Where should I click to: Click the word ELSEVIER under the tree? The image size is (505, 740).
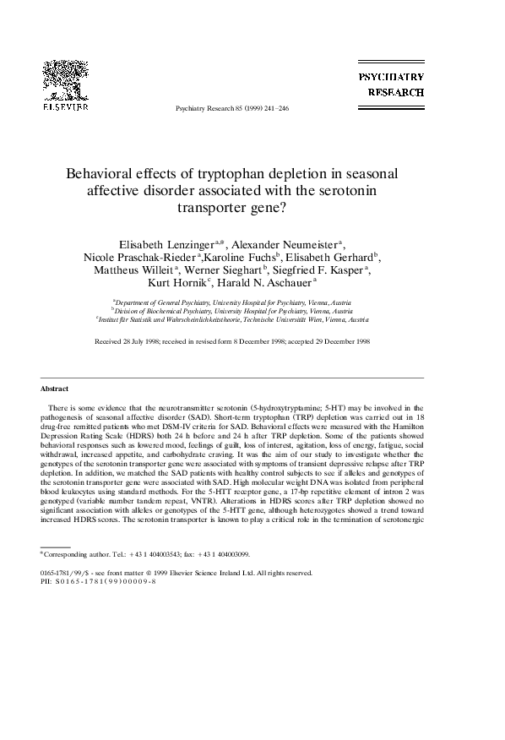click(67, 108)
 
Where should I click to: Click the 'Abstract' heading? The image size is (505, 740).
click(54, 389)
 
